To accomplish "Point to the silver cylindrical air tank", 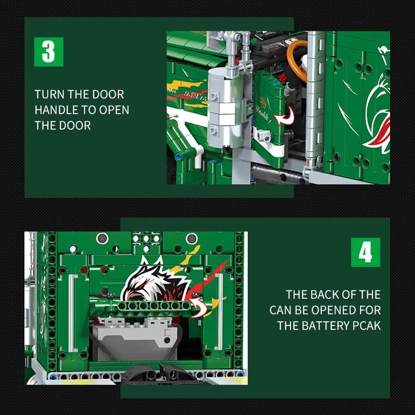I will pos(221,109).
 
